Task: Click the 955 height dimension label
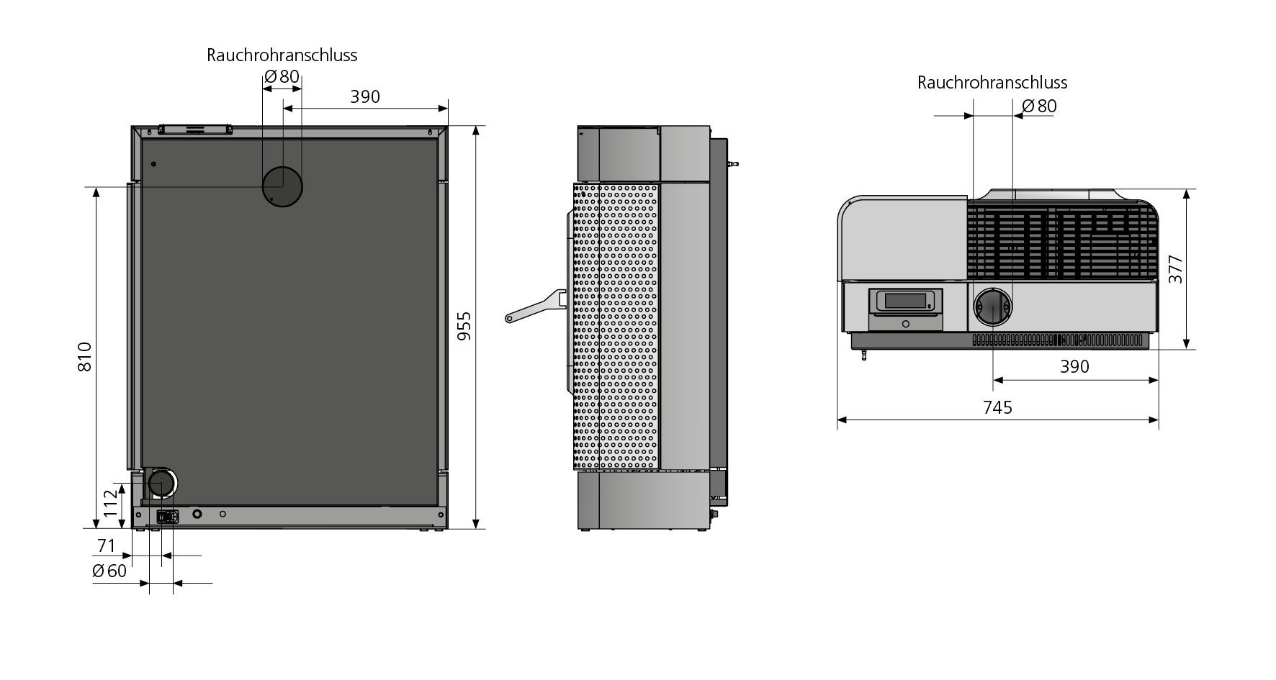pyautogui.click(x=465, y=325)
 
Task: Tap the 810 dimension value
pyautogui.click(x=85, y=356)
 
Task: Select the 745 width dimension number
pyautogui.click(x=997, y=408)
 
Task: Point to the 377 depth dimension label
pyautogui.click(x=1175, y=269)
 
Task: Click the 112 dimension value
pyautogui.click(x=110, y=503)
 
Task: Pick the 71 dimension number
pyautogui.click(x=107, y=546)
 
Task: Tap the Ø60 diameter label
pyautogui.click(x=109, y=571)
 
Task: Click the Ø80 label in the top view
pyautogui.click(x=1039, y=106)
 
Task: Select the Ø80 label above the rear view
pyautogui.click(x=282, y=76)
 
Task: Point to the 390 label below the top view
pyautogui.click(x=1074, y=367)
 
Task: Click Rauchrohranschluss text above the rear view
pyautogui.click(x=282, y=55)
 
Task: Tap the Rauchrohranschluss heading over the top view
pyautogui.click(x=992, y=83)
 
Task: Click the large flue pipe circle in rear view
pyautogui.click(x=282, y=186)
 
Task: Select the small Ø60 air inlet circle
pyautogui.click(x=161, y=484)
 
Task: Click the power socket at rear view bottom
pyautogui.click(x=167, y=516)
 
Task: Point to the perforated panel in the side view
pyautogui.click(x=616, y=324)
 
